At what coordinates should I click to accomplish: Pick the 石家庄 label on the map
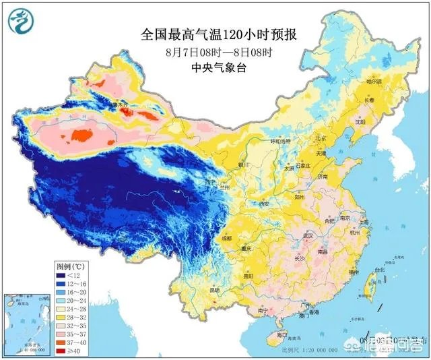300,164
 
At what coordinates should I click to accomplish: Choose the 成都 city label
226,238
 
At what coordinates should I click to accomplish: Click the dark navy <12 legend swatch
63,275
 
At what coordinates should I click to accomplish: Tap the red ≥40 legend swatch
63,351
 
